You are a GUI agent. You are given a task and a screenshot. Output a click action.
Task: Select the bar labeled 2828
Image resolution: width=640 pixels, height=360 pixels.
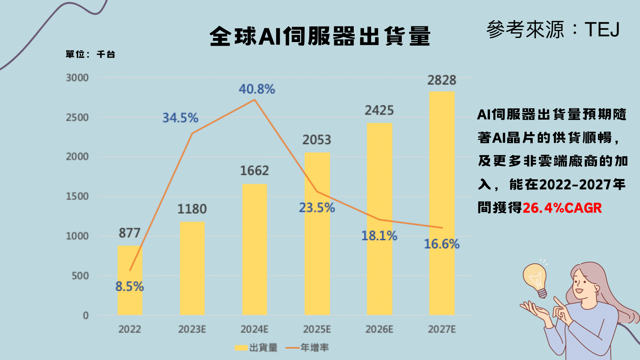point(442,203)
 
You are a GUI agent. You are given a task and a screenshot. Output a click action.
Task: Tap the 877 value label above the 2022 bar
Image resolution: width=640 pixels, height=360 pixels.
point(130,233)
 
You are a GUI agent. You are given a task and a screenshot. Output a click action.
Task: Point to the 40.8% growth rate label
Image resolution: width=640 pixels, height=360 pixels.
point(257,89)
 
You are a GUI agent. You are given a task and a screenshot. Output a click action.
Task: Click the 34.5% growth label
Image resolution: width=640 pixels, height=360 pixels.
point(180,118)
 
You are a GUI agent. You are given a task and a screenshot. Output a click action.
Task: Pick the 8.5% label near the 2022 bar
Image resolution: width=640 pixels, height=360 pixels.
point(130,286)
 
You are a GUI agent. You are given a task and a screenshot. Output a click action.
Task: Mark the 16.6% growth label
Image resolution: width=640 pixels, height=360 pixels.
point(442,244)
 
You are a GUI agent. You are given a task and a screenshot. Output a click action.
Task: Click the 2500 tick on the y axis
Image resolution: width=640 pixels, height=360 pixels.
point(77,117)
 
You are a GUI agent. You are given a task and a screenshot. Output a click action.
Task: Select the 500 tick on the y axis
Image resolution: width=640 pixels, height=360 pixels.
point(80,276)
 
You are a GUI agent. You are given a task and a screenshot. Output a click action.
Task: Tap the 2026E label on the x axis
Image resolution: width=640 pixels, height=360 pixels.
point(379,329)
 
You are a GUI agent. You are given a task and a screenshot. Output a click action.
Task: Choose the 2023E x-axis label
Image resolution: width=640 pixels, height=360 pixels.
point(192,329)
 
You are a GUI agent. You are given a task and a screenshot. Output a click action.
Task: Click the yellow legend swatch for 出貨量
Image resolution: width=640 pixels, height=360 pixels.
point(241,348)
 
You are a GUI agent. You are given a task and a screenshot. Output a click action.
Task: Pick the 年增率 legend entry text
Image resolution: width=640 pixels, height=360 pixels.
point(315,348)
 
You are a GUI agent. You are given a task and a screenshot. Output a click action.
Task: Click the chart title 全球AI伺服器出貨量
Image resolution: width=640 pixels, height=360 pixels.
point(320,36)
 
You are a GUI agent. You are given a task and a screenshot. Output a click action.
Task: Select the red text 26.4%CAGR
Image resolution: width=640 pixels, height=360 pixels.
point(562,208)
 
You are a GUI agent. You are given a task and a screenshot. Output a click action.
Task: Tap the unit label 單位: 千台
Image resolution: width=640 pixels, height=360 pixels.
point(90,54)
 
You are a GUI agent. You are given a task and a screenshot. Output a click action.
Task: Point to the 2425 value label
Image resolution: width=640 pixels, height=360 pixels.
point(379,110)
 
